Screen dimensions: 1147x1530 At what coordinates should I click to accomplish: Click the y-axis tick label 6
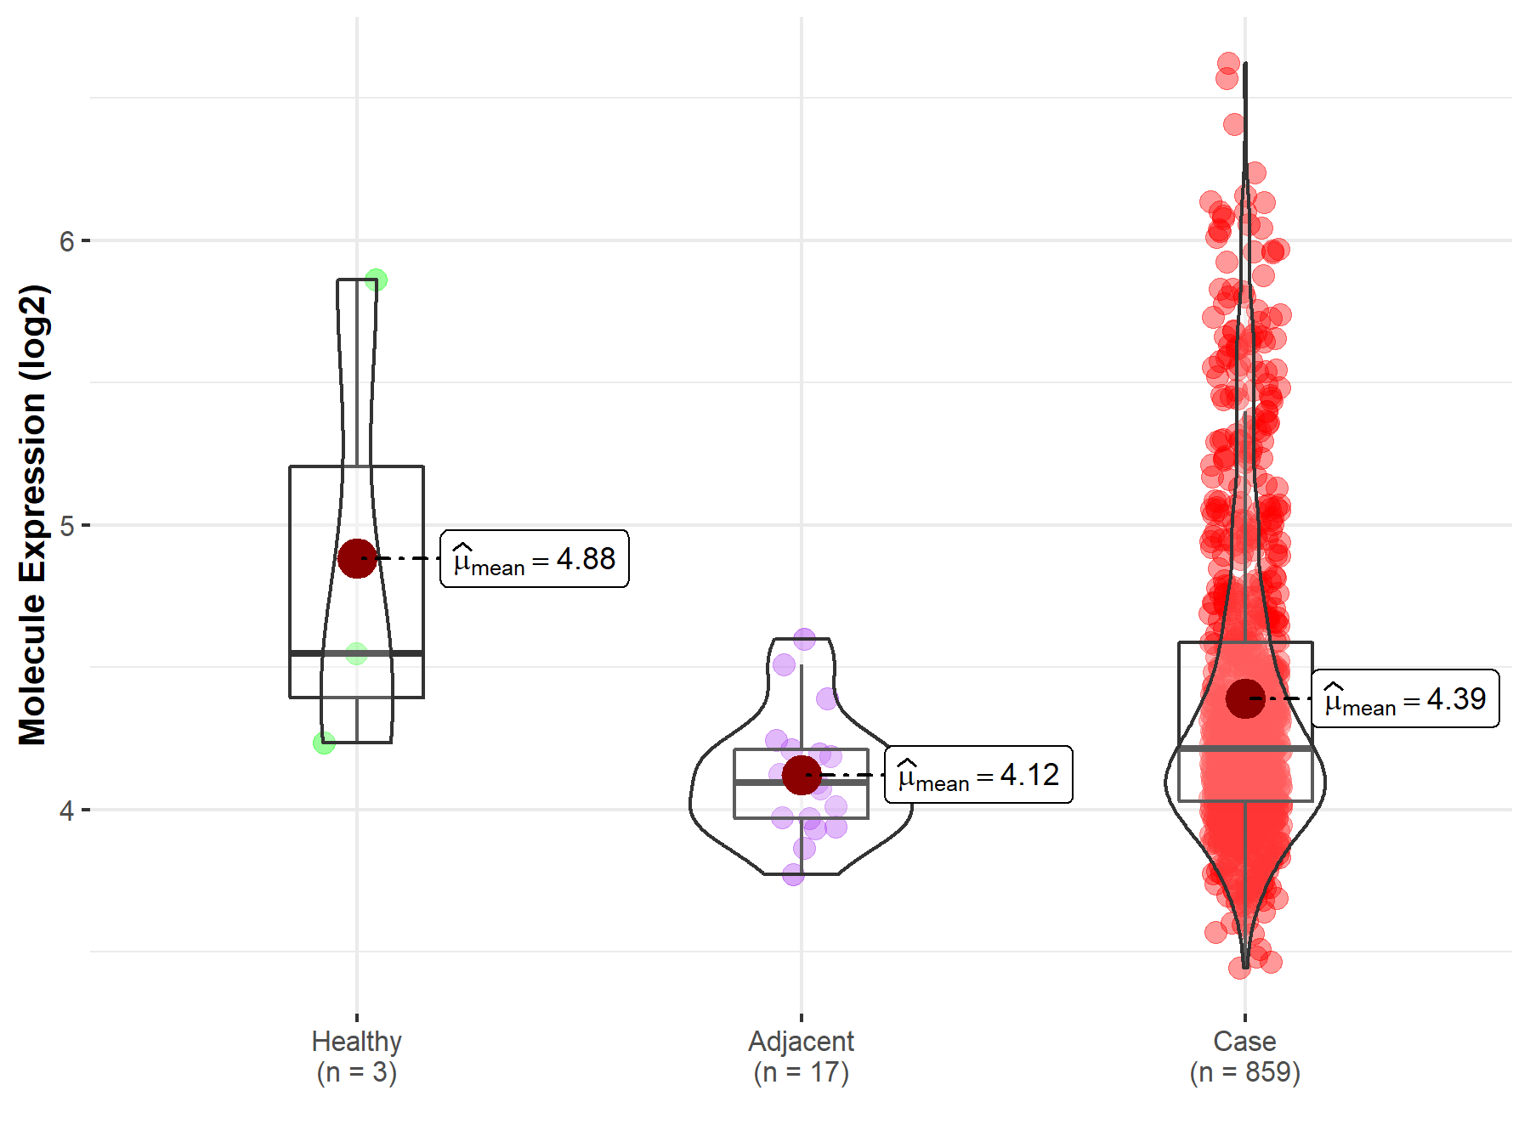(66, 241)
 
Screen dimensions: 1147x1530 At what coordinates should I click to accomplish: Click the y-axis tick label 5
(66, 526)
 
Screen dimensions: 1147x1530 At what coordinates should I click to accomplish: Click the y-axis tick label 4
(66, 811)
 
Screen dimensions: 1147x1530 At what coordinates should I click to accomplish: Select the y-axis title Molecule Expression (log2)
(32, 515)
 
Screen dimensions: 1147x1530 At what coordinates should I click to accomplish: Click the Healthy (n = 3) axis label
(356, 1056)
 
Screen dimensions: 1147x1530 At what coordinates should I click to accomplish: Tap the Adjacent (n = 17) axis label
(801, 1056)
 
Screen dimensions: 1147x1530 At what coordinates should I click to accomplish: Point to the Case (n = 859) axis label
(1244, 1056)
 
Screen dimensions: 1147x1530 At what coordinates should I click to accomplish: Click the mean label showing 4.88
(534, 559)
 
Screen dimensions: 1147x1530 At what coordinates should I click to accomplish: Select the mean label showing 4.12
(978, 775)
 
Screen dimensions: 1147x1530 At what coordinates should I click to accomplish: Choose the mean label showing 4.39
(1405, 699)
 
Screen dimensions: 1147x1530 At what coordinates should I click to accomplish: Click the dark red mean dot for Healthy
(357, 558)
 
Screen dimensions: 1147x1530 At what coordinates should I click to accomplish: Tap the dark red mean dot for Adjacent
(801, 775)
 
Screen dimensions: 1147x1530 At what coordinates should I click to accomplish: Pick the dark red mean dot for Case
(1245, 698)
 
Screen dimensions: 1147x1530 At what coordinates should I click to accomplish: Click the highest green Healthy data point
(376, 280)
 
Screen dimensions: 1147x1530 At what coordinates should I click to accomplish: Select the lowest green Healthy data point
(324, 743)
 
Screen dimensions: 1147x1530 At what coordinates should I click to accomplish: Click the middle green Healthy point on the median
(356, 653)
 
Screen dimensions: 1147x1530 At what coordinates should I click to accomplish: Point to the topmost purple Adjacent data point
(804, 639)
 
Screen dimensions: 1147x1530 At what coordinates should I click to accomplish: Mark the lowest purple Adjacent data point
(793, 874)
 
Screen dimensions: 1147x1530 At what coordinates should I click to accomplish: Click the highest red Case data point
(1228, 63)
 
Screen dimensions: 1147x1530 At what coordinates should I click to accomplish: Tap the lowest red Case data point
(1239, 968)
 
